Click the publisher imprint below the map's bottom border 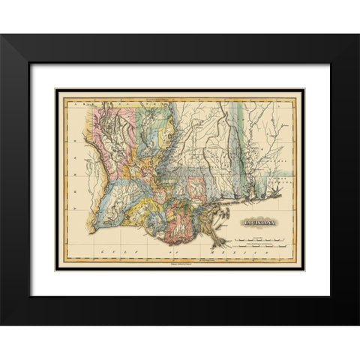(180, 265)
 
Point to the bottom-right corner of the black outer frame (358, 323)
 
